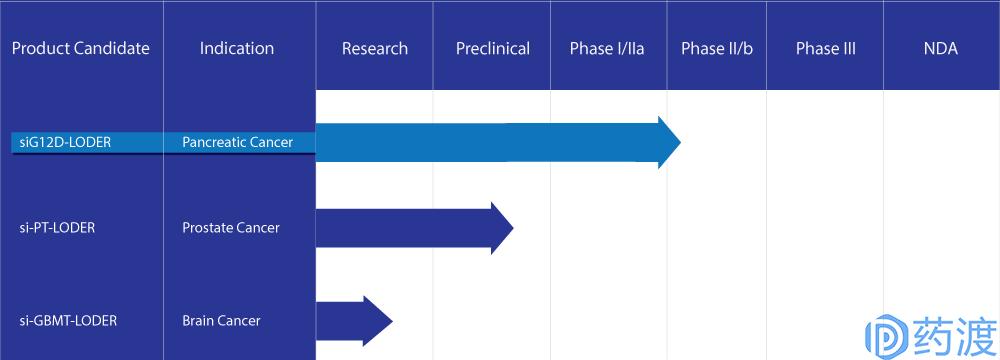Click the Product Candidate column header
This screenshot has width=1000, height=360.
[81, 49]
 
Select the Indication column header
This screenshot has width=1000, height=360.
[237, 49]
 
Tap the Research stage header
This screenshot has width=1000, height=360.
[375, 49]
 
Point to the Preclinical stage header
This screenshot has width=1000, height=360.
[493, 49]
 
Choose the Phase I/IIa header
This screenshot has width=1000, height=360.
[607, 49]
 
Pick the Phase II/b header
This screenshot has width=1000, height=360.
[717, 49]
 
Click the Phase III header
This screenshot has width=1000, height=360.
[826, 49]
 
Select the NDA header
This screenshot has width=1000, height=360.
[941, 49]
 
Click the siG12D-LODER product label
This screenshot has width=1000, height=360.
[65, 142]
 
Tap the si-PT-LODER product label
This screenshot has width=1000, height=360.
[57, 228]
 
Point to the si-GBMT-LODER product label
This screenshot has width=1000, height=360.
[68, 320]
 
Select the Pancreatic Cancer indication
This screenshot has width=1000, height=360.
[237, 142]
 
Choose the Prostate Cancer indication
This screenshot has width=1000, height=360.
[231, 228]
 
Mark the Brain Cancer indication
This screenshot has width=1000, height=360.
[221, 320]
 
